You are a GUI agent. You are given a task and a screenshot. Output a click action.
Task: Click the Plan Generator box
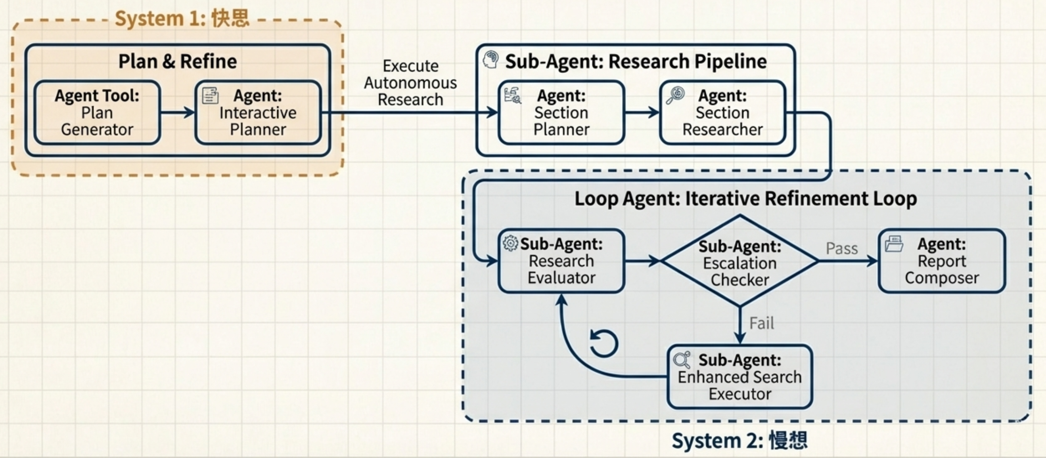pos(97,113)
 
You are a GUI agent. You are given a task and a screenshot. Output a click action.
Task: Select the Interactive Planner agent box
pos(258,113)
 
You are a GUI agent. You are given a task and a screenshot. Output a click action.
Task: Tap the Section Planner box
pos(561,113)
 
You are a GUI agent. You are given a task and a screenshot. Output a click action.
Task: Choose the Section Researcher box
pos(722,113)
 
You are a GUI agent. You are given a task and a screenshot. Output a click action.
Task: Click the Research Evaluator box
pos(561,261)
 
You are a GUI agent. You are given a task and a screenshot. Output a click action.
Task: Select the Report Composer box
pos(942,261)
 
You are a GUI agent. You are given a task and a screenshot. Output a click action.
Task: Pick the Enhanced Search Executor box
pos(740,377)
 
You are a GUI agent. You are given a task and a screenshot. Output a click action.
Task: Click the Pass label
pos(842,248)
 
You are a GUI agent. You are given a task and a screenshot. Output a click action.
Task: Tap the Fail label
pos(761,323)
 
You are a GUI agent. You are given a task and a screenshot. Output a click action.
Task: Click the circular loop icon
pos(604,343)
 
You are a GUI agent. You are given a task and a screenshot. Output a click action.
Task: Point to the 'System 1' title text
pos(182,18)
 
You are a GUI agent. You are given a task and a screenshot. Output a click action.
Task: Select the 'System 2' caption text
pos(739,441)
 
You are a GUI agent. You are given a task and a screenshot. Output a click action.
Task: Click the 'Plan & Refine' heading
pos(178,61)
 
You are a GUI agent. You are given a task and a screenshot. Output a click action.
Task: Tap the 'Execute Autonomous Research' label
pos(410,83)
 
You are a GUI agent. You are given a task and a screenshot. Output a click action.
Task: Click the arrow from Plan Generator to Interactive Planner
pos(178,113)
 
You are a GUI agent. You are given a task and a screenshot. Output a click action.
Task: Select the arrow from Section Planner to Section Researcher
pos(642,113)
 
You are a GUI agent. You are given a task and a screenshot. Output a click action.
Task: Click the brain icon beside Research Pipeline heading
pos(491,60)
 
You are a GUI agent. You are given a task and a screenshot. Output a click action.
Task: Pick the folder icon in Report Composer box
pos(894,244)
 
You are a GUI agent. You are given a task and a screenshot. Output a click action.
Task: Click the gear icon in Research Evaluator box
pos(510,243)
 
